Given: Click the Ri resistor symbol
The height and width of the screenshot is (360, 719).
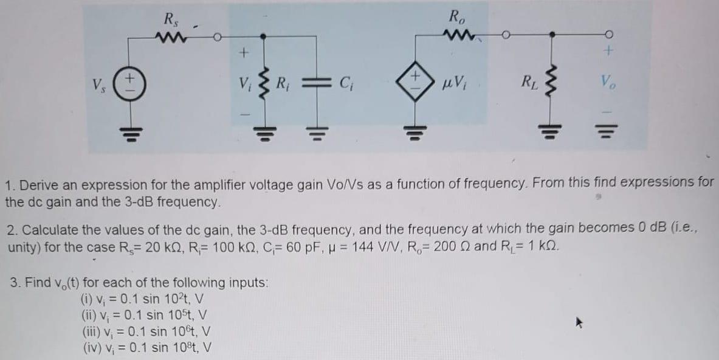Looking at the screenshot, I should [x=263, y=82].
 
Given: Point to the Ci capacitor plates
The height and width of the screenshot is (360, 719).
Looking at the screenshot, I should [x=315, y=82].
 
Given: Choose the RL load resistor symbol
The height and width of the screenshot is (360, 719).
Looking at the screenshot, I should [x=551, y=81].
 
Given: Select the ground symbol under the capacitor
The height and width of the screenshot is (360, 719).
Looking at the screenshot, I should [x=315, y=131].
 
